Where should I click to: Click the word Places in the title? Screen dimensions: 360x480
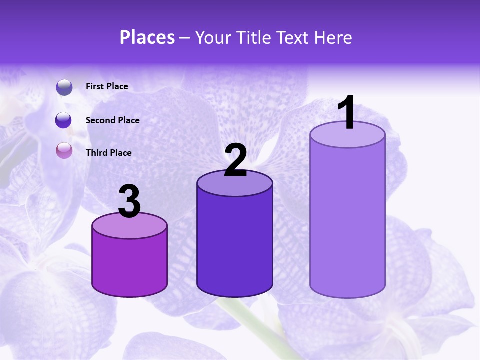147,37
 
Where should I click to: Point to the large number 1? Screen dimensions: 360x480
347,113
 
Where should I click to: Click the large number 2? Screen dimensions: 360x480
235,160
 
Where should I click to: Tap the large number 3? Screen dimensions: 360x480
129,201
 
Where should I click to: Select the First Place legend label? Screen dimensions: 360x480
107,86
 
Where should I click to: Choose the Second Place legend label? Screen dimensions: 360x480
112,120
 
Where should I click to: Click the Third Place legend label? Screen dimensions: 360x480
109,153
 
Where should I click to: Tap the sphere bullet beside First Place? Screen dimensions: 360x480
64,87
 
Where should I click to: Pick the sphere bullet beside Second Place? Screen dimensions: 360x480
64,120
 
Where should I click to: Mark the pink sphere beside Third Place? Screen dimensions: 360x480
64,150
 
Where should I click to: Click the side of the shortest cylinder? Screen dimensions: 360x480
129,265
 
